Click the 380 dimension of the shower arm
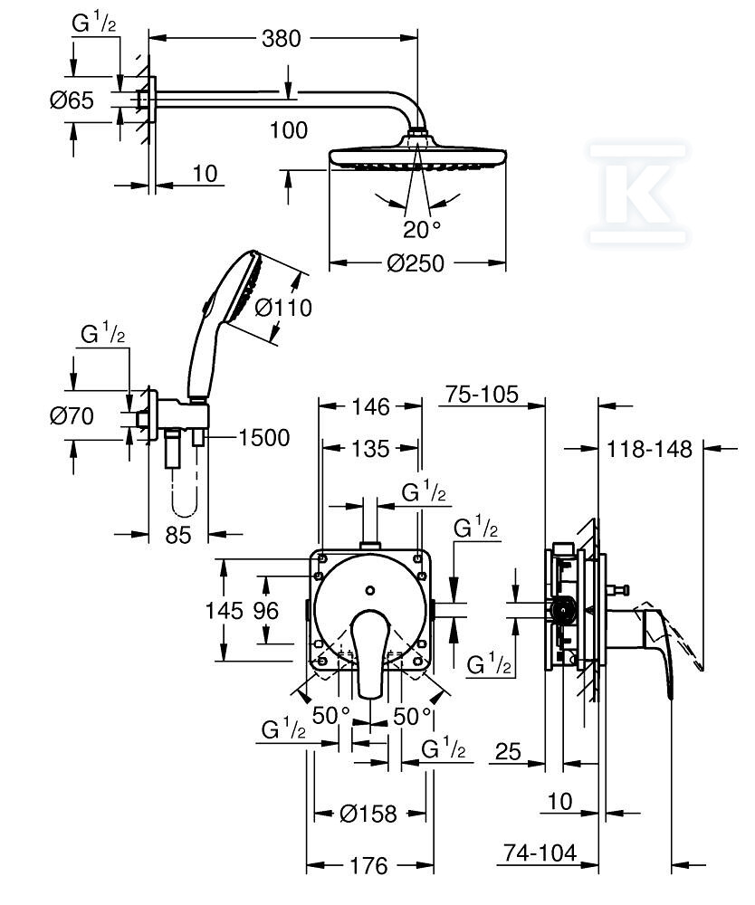(282, 38)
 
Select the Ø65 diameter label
(72, 100)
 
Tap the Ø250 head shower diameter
(416, 263)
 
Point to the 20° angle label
(422, 227)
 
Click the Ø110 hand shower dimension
(283, 308)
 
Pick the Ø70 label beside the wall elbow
(72, 417)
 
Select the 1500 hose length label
(263, 438)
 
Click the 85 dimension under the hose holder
(179, 535)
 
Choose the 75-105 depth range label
(482, 395)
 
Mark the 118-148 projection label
(650, 448)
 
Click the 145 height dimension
(223, 611)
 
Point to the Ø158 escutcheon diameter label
(368, 814)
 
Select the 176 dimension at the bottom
(368, 866)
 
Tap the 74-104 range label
(539, 853)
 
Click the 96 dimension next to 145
(265, 611)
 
